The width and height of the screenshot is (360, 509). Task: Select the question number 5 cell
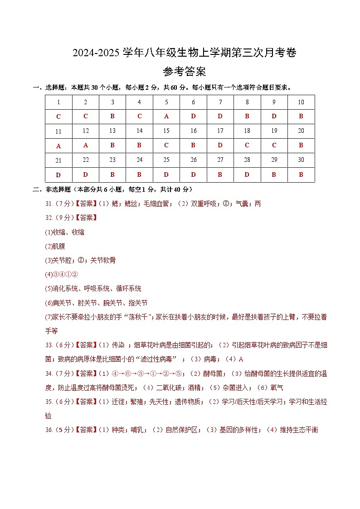coord(166,102)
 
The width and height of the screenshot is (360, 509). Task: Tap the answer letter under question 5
coord(166,116)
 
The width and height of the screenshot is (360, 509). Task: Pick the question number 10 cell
coord(301,102)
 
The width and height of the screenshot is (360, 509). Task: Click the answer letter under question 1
coord(58,117)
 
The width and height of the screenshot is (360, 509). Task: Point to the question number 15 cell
coord(166,131)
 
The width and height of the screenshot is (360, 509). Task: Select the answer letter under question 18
coord(247,145)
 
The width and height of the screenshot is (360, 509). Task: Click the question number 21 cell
coord(58,160)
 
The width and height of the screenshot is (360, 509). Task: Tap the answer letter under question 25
coord(166,175)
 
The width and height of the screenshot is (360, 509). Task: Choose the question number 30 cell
coord(301,160)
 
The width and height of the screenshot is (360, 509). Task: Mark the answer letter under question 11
coord(58,146)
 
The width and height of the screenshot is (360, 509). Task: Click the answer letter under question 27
coord(220,175)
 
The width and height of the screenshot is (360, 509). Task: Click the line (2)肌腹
coord(55,246)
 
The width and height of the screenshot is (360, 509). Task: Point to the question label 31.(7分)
coord(59,204)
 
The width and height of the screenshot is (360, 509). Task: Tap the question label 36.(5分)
coord(59,430)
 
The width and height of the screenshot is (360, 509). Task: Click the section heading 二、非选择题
coord(54,189)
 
